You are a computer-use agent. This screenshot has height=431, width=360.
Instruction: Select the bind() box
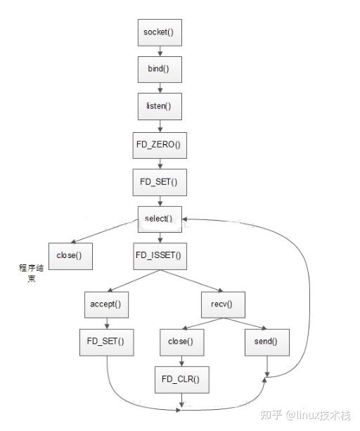pos(158,70)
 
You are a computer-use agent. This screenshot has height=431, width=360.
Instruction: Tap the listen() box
pos(158,108)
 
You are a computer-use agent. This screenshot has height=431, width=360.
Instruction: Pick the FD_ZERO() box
pos(158,144)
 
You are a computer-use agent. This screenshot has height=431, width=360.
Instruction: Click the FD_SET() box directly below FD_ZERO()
pos(158,181)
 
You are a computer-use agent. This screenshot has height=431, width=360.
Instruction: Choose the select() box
pos(158,218)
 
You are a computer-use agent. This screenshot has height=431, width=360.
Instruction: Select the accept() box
pos(105,304)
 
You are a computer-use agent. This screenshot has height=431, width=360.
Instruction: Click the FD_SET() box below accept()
pos(105,342)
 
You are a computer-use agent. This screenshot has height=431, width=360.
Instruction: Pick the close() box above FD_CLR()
pos(181,342)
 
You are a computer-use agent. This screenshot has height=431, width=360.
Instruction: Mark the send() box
pos(266,342)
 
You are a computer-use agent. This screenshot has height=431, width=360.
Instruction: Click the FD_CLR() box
pos(181,379)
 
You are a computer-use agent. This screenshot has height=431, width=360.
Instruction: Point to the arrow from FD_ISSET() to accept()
pos(134,279)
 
